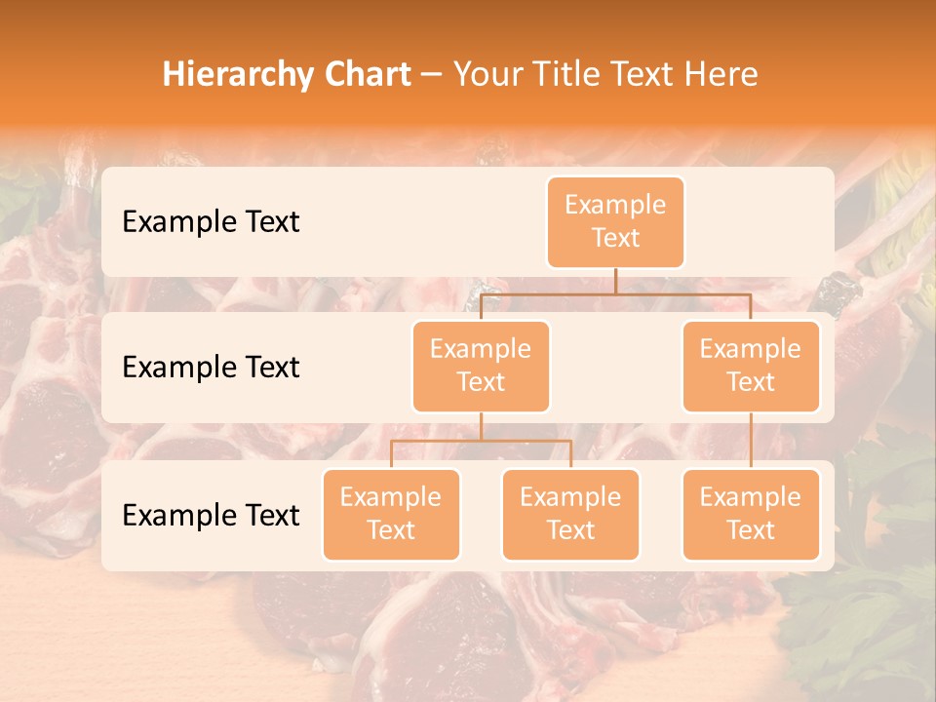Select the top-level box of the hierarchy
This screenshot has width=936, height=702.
615,221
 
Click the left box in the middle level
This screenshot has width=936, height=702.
481,366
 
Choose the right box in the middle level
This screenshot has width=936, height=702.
751,366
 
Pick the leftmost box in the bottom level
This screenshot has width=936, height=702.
391,514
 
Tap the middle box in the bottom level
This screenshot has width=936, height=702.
570,514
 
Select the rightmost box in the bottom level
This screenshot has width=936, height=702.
751,514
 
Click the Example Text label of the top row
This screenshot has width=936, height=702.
211,221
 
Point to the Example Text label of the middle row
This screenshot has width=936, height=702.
211,367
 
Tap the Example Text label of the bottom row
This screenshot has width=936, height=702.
211,515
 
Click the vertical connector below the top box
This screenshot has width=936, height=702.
615,281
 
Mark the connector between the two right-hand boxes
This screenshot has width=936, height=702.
751,441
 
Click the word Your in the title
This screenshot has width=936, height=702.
488,75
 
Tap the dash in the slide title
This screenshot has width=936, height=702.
432,75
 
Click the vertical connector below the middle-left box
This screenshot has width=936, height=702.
481,427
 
